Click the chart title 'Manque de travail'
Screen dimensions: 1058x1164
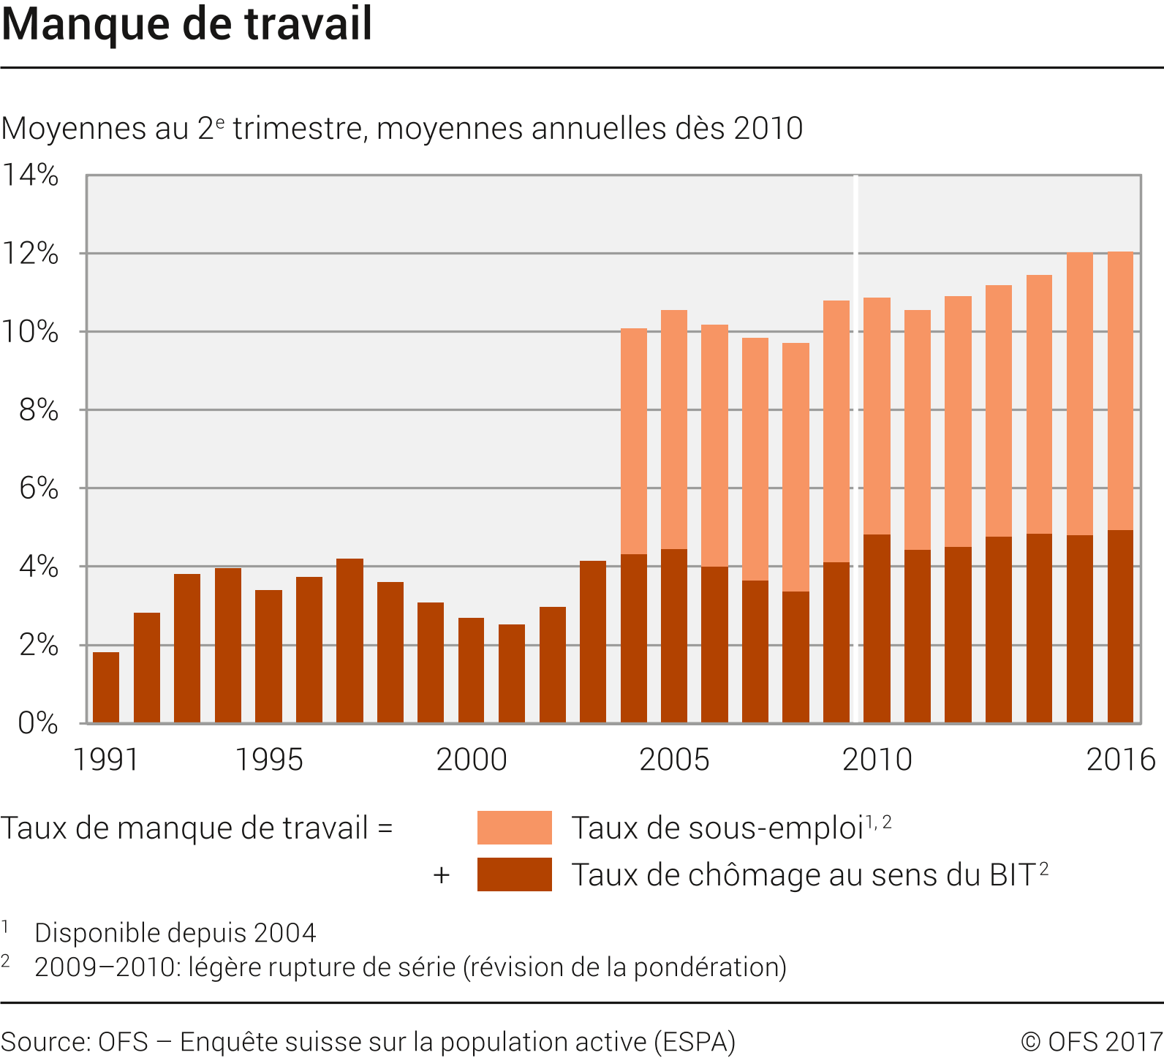coord(187,23)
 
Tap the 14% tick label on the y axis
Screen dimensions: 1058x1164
coord(31,175)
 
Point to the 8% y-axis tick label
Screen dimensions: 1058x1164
coord(38,410)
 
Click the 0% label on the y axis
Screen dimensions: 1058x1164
coord(38,723)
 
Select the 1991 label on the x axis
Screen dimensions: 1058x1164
coord(106,760)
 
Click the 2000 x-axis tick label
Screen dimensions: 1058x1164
coord(472,760)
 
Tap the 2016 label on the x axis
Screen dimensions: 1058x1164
coord(1121,760)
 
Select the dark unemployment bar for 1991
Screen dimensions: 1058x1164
coord(106,687)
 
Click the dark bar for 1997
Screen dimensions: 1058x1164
coord(349,641)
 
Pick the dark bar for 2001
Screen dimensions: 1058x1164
coord(512,673)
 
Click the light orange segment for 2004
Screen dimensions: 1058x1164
coord(634,442)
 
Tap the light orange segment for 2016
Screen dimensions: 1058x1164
coord(1120,391)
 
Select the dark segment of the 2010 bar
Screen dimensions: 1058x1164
coord(877,629)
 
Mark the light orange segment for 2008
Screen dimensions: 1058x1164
coord(795,467)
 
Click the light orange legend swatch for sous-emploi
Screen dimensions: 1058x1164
coord(514,828)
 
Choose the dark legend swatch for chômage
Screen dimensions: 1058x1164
coord(514,874)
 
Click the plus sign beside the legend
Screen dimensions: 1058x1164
coord(441,875)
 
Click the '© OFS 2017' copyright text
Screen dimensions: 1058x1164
coord(1091,1041)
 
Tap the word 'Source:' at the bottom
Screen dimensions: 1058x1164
coord(46,1041)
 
